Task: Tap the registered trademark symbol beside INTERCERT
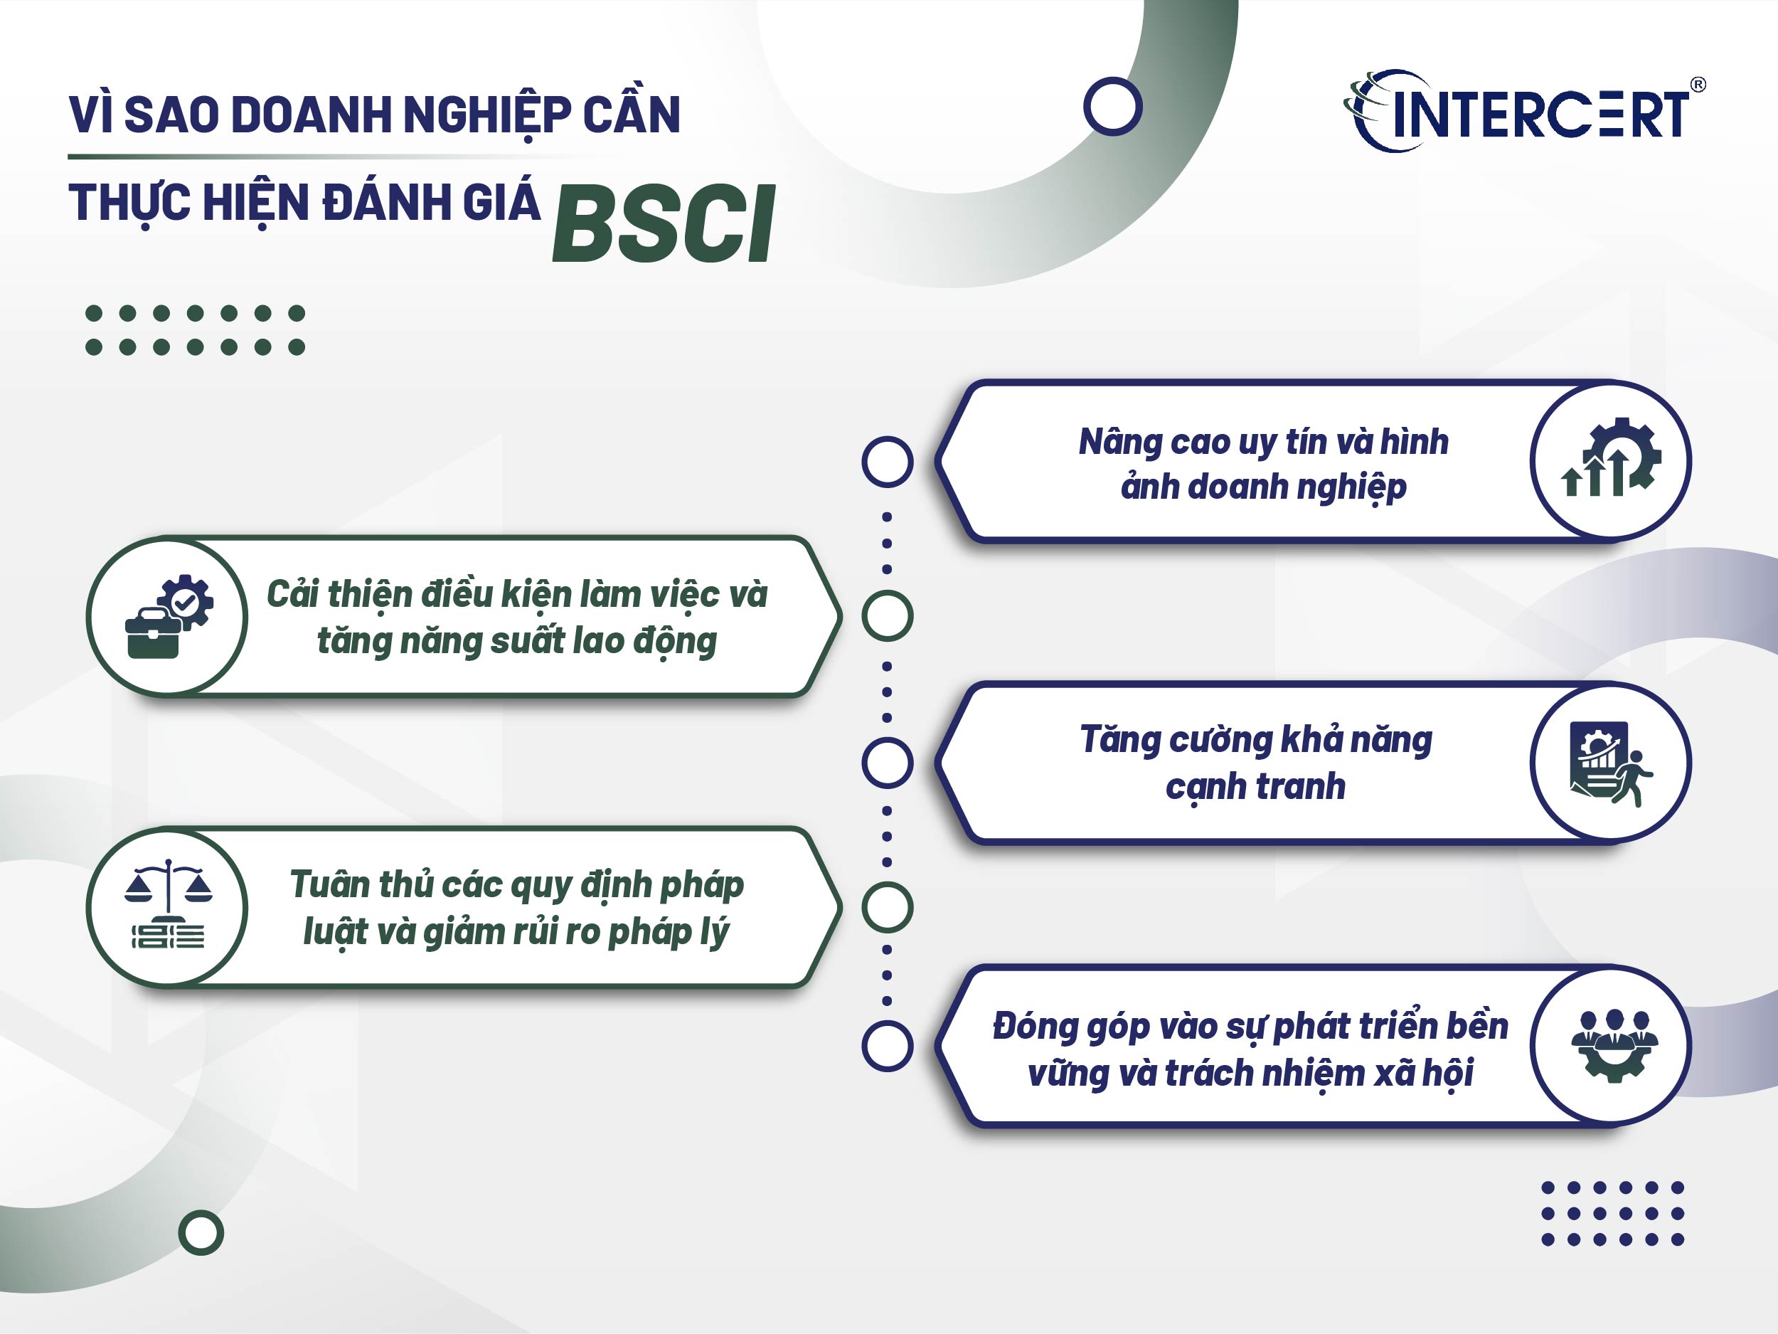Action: click(x=1698, y=84)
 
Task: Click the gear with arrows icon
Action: click(x=1611, y=459)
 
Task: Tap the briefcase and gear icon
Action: click(x=169, y=616)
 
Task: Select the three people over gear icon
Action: click(x=1613, y=1045)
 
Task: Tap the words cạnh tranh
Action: click(x=1255, y=785)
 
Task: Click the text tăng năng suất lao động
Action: click(x=517, y=641)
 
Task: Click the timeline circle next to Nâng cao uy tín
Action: click(x=887, y=462)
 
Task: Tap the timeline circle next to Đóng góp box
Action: click(x=887, y=1046)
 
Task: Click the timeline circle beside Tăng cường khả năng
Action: click(x=887, y=762)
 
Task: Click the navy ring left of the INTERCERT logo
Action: click(x=1112, y=106)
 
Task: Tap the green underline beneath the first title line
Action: click(x=321, y=156)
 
